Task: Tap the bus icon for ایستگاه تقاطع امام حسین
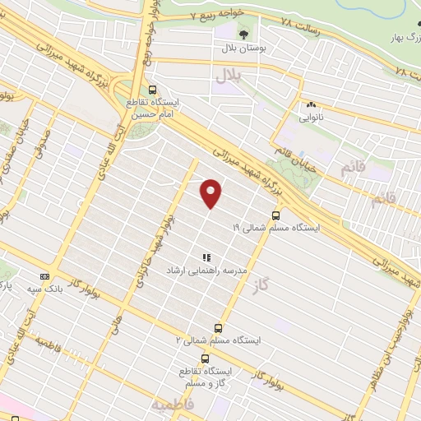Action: pos(152,90)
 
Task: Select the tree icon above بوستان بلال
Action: pos(244,34)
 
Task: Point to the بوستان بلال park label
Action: pos(244,49)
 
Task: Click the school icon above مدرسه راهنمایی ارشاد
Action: pos(207,257)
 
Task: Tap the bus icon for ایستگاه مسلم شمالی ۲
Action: pos(218,326)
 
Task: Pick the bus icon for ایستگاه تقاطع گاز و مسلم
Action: pos(205,358)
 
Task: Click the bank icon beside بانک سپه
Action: pos(44,277)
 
